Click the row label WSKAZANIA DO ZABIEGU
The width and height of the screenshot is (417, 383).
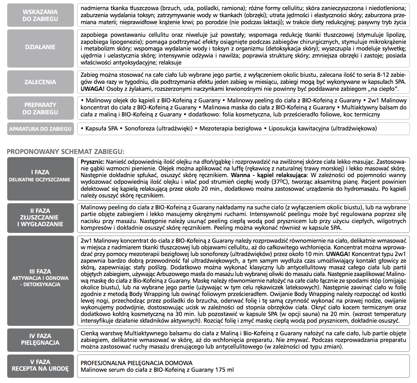click(x=40, y=15)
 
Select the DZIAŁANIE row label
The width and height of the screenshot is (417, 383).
click(x=40, y=47)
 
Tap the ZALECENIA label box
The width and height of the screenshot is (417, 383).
click(x=40, y=82)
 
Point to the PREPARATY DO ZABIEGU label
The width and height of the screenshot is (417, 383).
click(x=40, y=108)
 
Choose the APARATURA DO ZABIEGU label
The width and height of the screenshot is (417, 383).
click(x=40, y=129)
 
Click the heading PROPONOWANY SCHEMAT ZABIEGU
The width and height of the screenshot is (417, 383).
click(x=66, y=152)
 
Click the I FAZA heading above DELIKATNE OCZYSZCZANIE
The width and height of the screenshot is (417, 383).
click(x=40, y=172)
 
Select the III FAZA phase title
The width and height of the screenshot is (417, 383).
click(x=40, y=271)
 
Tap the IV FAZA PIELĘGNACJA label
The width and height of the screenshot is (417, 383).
click(x=40, y=339)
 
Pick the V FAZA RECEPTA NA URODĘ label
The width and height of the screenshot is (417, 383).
click(x=40, y=365)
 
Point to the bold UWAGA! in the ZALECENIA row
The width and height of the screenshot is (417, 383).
click(x=93, y=89)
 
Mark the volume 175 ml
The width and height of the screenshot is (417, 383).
click(x=224, y=370)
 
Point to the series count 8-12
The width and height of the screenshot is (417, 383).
click(x=380, y=75)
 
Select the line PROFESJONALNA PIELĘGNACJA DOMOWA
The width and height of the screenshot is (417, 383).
click(x=136, y=363)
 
